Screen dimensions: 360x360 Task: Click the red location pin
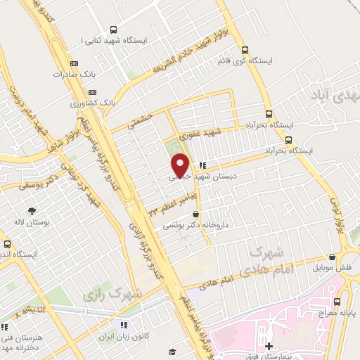tap(181, 165)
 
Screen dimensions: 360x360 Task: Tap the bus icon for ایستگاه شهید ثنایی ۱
tap(114, 30)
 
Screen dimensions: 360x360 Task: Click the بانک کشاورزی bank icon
tap(91, 92)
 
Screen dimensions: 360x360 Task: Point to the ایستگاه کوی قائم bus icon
tap(245, 50)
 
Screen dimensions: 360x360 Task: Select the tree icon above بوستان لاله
tap(31, 210)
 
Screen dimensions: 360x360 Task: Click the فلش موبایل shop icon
tap(331, 258)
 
